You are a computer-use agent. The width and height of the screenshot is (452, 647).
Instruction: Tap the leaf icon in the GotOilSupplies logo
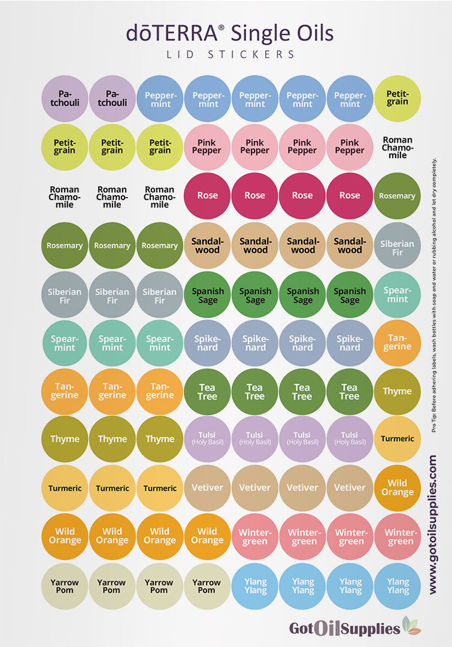[411, 625]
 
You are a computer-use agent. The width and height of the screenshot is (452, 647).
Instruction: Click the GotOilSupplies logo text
[344, 628]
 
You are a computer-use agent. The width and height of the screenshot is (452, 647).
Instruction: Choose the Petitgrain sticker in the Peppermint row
[398, 98]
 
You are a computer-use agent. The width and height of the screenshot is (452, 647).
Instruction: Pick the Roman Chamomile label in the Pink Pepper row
[398, 147]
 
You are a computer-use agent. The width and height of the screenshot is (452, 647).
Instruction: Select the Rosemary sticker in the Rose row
[398, 196]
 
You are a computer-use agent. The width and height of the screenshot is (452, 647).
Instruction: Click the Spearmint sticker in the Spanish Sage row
[398, 294]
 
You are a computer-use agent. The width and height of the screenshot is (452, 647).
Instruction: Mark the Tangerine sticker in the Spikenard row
[398, 342]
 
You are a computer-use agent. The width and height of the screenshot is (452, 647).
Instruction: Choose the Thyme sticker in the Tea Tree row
[398, 391]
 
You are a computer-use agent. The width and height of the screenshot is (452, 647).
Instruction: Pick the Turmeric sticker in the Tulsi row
[398, 439]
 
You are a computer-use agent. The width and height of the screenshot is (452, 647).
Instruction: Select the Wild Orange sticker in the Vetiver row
[398, 488]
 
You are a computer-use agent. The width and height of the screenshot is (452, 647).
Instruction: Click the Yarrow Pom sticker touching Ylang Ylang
[207, 586]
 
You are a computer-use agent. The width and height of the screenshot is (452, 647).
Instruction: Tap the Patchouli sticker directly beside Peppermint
[113, 98]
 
